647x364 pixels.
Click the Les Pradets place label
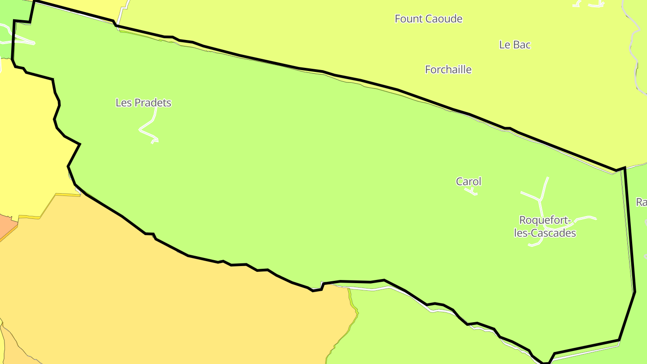[143, 102]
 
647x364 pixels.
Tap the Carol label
[469, 182]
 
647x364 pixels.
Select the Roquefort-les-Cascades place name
[545, 226]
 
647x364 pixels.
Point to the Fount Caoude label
[428, 19]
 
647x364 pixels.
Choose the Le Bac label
[515, 45]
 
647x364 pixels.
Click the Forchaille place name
[448, 70]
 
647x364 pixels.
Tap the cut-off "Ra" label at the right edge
[642, 202]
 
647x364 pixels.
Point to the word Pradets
[153, 102]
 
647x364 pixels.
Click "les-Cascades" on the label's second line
[545, 233]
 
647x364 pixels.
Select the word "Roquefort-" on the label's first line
[545, 220]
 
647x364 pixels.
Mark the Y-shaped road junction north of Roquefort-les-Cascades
[539, 199]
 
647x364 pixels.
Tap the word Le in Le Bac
[504, 45]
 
